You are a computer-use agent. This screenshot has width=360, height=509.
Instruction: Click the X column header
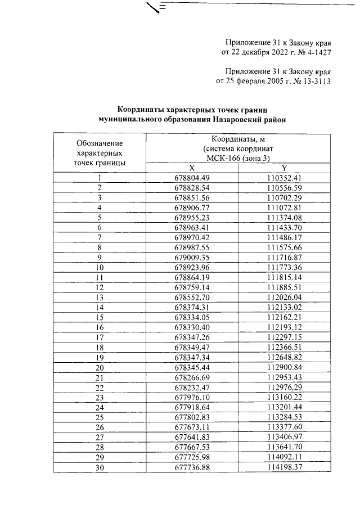192,168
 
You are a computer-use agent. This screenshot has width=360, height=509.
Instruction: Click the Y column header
284,168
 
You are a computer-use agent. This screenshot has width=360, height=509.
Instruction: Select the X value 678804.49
192,178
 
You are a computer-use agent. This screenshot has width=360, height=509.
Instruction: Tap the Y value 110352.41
285,178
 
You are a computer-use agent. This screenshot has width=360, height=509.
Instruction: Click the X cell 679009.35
192,257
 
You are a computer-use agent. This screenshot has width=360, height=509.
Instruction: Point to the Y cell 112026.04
285,297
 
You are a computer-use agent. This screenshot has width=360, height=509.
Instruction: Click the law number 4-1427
314,52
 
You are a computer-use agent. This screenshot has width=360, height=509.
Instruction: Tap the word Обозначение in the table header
100,143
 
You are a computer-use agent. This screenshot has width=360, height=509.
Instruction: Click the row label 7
100,237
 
